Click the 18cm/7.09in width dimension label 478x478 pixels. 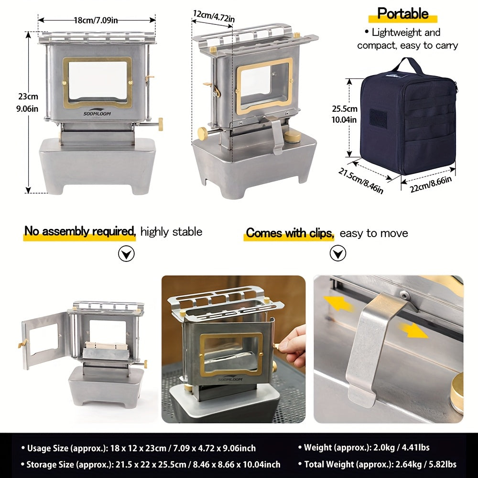point(97,20)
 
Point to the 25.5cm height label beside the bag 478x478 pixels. point(345,113)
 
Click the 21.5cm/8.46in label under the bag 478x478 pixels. point(361,181)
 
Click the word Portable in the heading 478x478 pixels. point(402,13)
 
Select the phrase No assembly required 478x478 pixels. point(80,232)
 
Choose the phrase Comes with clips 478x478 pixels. point(289,233)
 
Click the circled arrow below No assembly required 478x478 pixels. point(126,254)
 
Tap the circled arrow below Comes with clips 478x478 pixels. point(338,253)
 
